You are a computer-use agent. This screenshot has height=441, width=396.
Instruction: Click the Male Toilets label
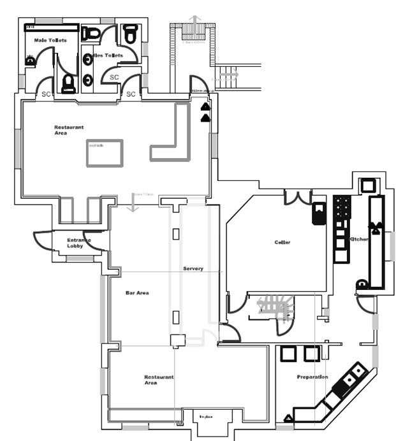point(48,41)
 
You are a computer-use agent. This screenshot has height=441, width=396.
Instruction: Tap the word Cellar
point(282,243)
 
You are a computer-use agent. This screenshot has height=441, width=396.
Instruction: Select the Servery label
point(193,269)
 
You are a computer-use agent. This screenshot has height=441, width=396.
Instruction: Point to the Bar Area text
point(137,293)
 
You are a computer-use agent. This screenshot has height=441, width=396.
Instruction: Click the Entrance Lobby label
point(79,243)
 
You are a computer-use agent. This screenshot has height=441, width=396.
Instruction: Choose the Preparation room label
point(312,377)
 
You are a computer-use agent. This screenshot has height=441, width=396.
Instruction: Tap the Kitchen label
point(360,239)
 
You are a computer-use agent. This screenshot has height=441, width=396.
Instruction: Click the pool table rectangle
point(105,152)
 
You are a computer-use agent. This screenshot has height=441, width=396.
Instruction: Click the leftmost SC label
point(46,94)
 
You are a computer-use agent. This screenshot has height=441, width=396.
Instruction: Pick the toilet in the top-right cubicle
point(131,34)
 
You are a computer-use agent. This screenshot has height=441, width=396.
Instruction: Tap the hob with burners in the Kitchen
point(342,207)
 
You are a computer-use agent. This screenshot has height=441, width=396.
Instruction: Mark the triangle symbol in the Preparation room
point(288,418)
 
